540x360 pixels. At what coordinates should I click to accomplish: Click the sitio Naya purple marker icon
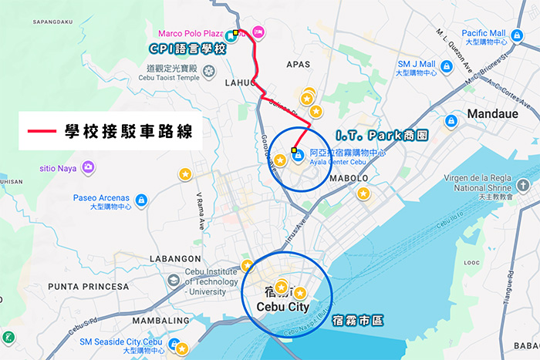(x=89, y=167)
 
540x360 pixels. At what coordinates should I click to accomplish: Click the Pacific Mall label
(x=484, y=34)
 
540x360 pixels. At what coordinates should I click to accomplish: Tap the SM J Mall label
(x=417, y=65)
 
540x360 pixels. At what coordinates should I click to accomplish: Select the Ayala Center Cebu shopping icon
(x=298, y=154)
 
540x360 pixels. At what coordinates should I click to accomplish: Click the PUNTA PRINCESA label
(x=88, y=287)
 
